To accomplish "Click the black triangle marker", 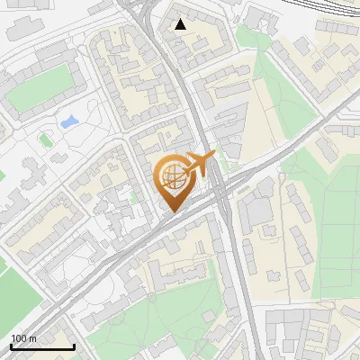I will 181,24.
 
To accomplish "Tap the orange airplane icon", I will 200,165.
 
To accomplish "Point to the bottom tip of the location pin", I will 173,212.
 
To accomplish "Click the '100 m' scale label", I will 23,338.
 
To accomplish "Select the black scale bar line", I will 42,346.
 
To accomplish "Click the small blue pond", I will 68,121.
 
